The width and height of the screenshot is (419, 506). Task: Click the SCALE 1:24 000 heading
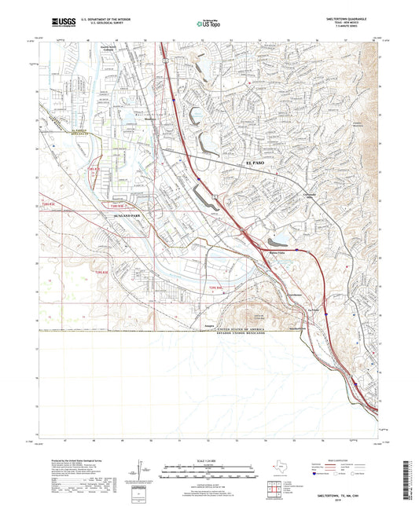[x=209, y=460]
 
